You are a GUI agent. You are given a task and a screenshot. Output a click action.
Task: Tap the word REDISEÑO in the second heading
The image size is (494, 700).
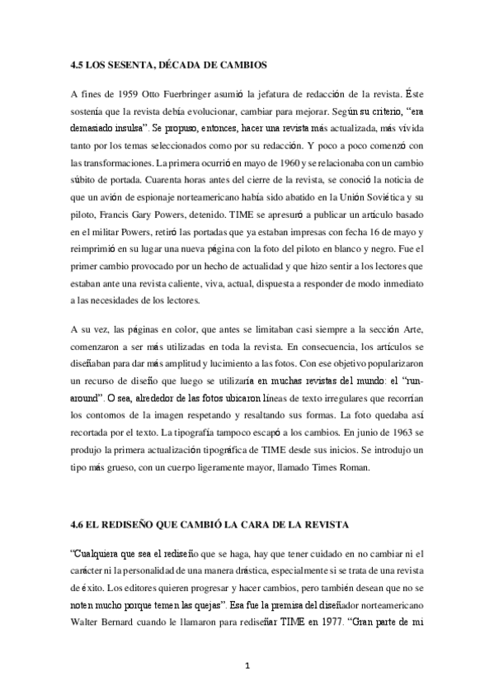[137, 525]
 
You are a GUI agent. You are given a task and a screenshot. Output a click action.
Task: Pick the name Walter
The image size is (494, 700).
[87, 624]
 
